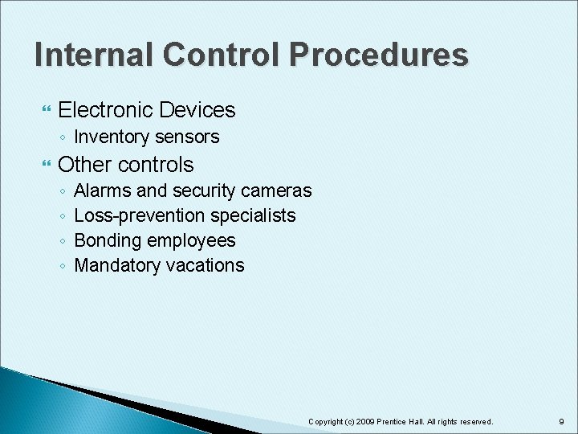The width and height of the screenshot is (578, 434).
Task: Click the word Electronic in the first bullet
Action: (x=107, y=109)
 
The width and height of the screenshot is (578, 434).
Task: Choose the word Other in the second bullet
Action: (x=84, y=165)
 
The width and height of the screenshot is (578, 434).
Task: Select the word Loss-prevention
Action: (x=140, y=215)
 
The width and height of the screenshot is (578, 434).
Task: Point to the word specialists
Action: (x=253, y=216)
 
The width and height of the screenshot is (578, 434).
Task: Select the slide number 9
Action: (x=561, y=422)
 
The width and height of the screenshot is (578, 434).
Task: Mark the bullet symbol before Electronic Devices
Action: (x=45, y=110)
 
